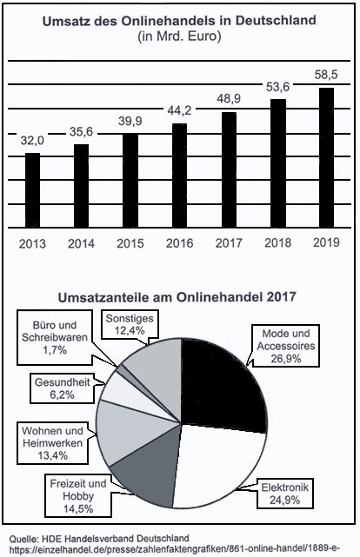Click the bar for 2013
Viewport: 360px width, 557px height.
(32, 190)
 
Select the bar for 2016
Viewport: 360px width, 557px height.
(179, 176)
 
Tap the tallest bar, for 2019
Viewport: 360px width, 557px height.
(326, 158)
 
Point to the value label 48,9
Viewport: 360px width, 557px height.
(229, 99)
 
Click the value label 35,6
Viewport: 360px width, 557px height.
(81, 132)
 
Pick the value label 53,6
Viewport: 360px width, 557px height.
(277, 87)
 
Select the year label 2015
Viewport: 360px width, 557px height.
(130, 243)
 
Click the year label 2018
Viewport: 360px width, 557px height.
(277, 243)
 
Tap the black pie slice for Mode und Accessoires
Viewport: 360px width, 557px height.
(220, 384)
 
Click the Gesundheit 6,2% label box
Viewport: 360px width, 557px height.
(63, 388)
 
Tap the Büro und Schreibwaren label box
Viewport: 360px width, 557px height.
(55, 338)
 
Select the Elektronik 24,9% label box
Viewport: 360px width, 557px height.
(284, 494)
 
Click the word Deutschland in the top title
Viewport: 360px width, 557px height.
(276, 21)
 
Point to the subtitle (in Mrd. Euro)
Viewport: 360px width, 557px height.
(179, 36)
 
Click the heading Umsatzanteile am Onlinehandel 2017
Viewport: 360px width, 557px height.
(177, 297)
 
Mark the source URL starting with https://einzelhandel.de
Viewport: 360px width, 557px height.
(175, 549)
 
